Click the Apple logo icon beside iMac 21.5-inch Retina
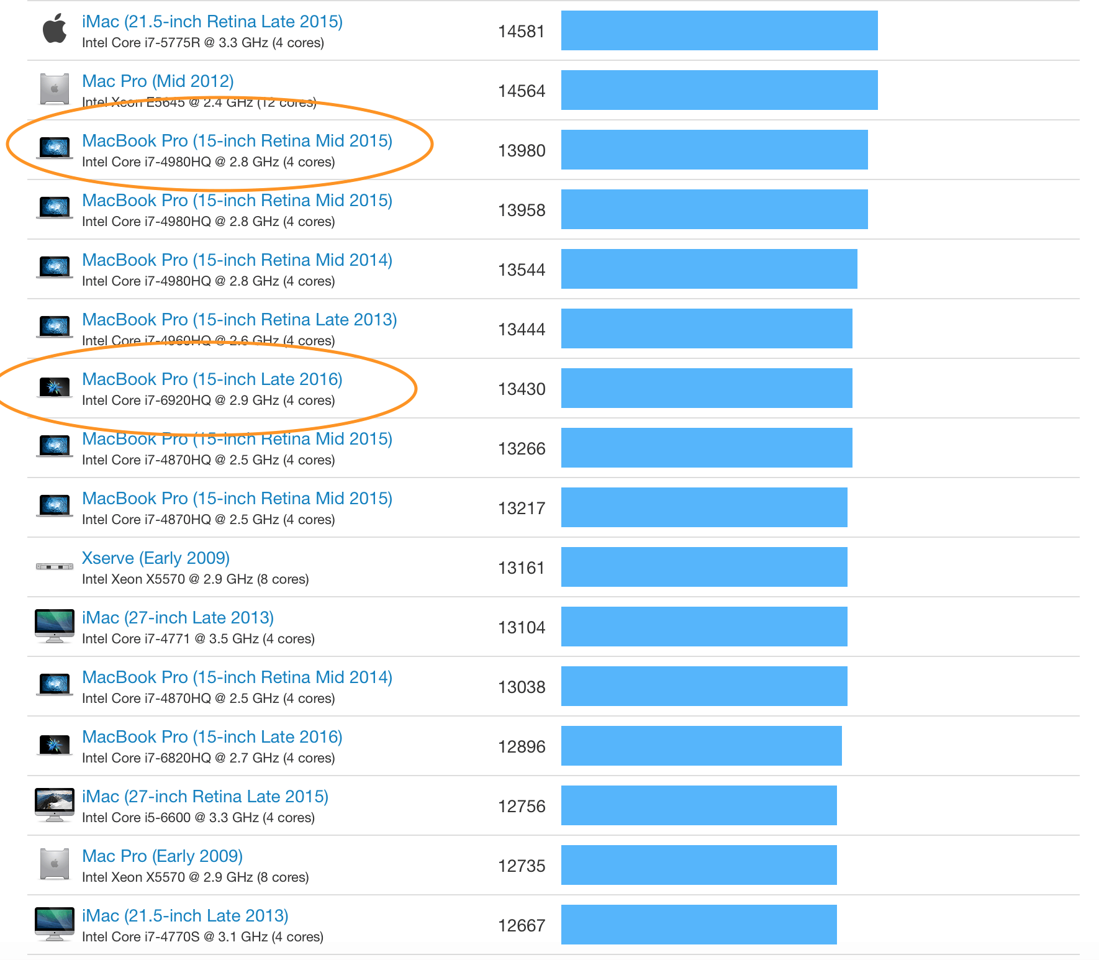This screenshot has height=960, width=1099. pyautogui.click(x=55, y=29)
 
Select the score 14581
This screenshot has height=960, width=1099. pyautogui.click(x=521, y=31)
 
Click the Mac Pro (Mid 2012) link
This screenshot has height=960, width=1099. pyautogui.click(x=158, y=81)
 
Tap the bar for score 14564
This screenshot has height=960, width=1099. pyautogui.click(x=719, y=90)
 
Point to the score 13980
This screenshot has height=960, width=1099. pyautogui.click(x=522, y=150)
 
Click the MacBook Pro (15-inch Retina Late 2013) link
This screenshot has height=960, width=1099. pyautogui.click(x=239, y=319)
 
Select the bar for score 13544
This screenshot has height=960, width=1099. pyautogui.click(x=709, y=269)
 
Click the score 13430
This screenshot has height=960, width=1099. pyautogui.click(x=522, y=389)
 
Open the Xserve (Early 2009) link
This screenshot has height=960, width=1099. pyautogui.click(x=156, y=558)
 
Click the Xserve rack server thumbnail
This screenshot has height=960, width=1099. pyautogui.click(x=55, y=566)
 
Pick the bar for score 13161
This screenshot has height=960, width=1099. pyautogui.click(x=704, y=567)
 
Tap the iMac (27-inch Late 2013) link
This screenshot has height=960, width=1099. pyautogui.click(x=178, y=617)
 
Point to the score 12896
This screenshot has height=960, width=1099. pyautogui.click(x=522, y=746)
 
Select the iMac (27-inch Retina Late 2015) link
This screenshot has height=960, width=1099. pyautogui.click(x=205, y=796)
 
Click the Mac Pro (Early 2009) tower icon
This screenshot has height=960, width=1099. pyautogui.click(x=55, y=864)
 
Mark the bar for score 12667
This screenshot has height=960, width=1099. pyautogui.click(x=699, y=925)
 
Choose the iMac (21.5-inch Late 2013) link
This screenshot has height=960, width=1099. pyautogui.click(x=185, y=915)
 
